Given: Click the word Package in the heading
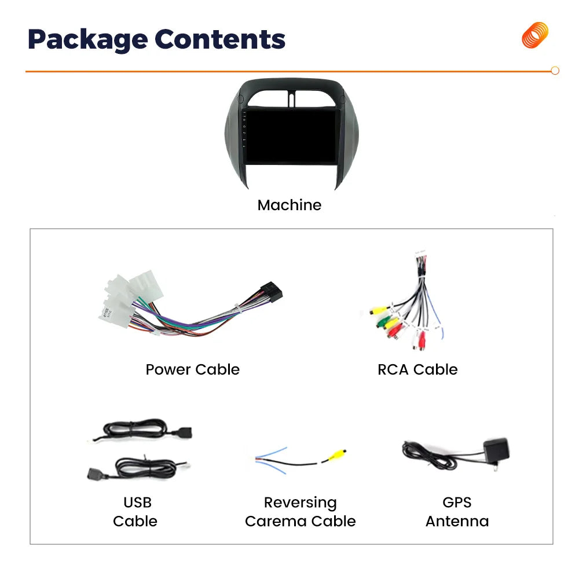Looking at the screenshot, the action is click(x=88, y=40).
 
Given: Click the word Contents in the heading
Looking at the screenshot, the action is click(x=220, y=39).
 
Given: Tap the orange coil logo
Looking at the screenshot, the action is click(x=535, y=35).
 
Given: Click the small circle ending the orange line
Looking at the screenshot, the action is click(x=555, y=71).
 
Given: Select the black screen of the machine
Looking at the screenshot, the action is click(x=292, y=136).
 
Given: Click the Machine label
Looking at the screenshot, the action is click(x=289, y=205).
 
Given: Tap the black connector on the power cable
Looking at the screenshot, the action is click(x=272, y=292).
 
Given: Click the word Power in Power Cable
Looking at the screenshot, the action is click(x=168, y=369).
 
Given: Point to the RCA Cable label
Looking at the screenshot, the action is click(x=417, y=369).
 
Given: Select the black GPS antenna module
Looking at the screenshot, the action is click(x=497, y=450).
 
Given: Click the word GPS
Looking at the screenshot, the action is click(x=457, y=502).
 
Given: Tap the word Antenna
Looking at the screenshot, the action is click(x=457, y=522).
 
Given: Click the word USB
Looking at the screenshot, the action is click(x=137, y=502).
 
